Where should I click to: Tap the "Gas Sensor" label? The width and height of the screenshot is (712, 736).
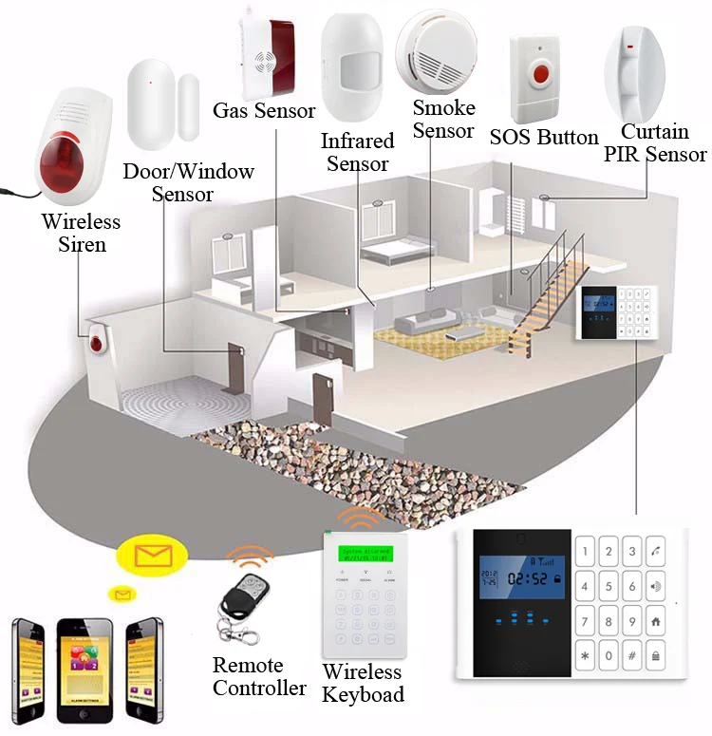(x=264, y=111)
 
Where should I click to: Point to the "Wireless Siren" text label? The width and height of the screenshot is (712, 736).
(x=81, y=233)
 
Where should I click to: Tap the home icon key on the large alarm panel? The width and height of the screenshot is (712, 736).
(x=656, y=621)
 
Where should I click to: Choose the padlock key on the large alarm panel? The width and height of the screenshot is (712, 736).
(x=656, y=655)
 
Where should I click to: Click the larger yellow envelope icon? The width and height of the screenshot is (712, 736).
(x=153, y=555)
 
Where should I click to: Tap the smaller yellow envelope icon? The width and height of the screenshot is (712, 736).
(x=122, y=594)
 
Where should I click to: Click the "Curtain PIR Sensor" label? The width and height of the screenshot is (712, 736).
(x=655, y=143)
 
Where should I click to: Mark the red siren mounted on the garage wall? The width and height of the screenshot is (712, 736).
(x=97, y=342)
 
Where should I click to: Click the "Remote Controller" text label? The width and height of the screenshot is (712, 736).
(x=258, y=676)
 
